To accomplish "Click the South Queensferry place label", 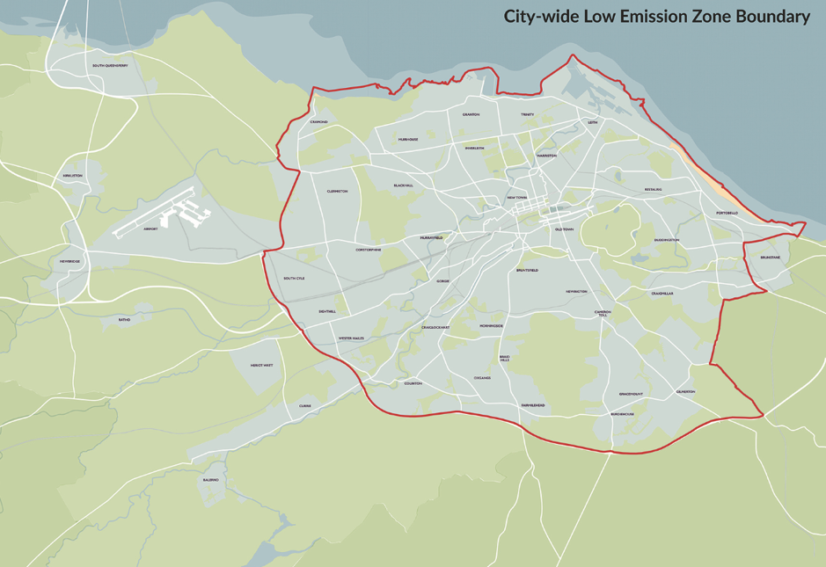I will click(110, 66).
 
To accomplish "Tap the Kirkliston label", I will click(72, 176).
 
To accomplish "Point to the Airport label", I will click(150, 229).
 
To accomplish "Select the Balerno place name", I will click(210, 480).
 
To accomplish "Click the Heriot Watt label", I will click(261, 365).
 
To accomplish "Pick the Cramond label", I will click(318, 122).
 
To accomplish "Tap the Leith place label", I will click(592, 122).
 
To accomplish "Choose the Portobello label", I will click(727, 213).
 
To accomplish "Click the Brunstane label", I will click(757, 258).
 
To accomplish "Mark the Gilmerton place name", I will click(685, 391).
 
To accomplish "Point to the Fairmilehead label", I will click(532, 405).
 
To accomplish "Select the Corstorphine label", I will click(369, 250).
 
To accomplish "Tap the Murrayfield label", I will click(432, 237).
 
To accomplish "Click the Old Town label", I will click(564, 229).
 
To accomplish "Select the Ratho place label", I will click(124, 320).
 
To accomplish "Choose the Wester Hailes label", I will click(351, 338).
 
